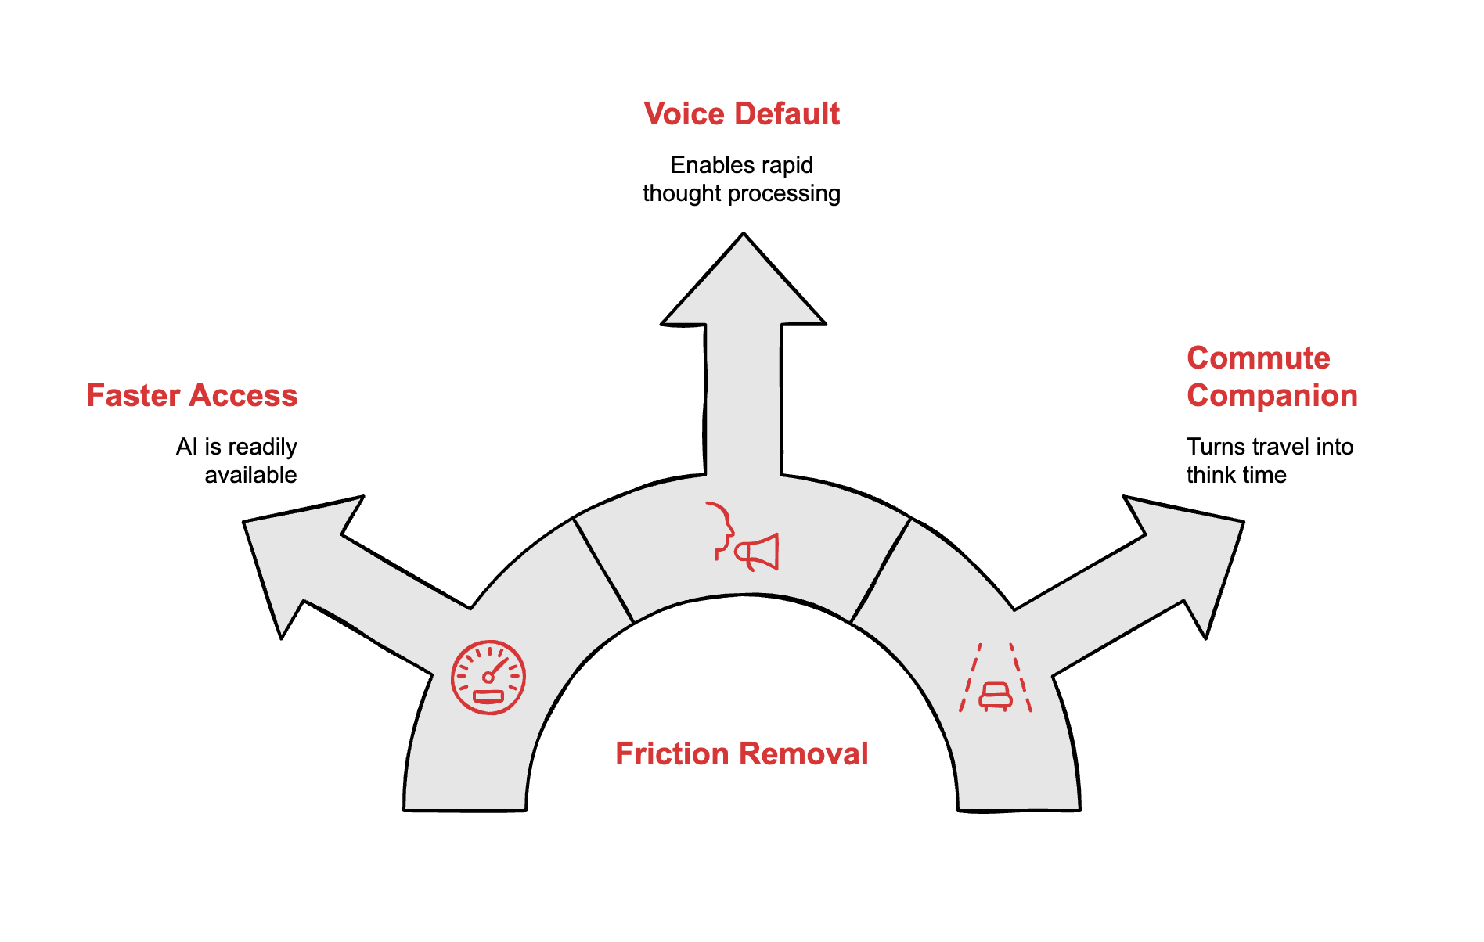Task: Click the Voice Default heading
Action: coord(741,114)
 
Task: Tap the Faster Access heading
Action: coord(192,396)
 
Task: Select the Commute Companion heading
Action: coord(1271,377)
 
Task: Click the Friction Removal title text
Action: coord(741,754)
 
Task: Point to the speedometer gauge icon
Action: coord(488,678)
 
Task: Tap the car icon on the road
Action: coord(996,695)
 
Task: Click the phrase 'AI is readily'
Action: coord(236,447)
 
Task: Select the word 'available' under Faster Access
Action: coord(250,475)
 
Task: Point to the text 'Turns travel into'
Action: coord(1270,447)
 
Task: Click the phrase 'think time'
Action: coord(1236,475)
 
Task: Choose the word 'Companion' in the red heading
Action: coord(1271,396)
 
